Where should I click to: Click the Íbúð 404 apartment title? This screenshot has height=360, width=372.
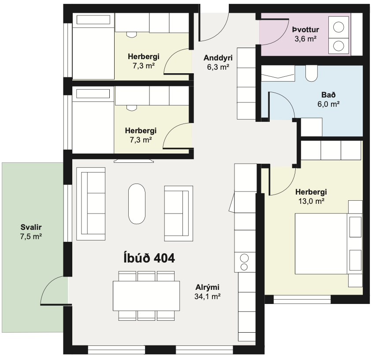(x=149, y=258)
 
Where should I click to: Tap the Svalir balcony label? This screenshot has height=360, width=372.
(x=31, y=227)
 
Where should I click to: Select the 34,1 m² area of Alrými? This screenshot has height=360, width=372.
(x=208, y=296)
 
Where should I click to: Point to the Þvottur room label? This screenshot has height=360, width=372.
(x=305, y=30)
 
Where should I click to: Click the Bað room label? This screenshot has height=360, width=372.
(x=328, y=95)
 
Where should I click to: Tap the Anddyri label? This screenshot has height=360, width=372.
(x=218, y=58)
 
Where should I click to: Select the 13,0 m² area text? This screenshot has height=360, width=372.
(x=311, y=201)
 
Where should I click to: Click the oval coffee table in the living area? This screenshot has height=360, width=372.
(x=137, y=204)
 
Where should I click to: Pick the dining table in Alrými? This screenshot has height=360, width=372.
(x=146, y=296)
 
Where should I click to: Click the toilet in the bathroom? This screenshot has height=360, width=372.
(x=312, y=73)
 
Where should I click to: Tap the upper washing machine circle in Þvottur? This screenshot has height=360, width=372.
(x=339, y=27)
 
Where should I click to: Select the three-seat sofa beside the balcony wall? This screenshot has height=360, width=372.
(x=91, y=204)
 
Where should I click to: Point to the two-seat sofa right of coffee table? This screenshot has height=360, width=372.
(x=179, y=213)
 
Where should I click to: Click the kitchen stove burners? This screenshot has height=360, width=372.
(x=244, y=262)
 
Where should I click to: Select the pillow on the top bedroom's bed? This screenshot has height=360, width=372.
(x=93, y=20)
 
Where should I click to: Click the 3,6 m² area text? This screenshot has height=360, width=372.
(x=305, y=39)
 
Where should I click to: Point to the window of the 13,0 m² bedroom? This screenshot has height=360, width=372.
(x=302, y=300)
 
